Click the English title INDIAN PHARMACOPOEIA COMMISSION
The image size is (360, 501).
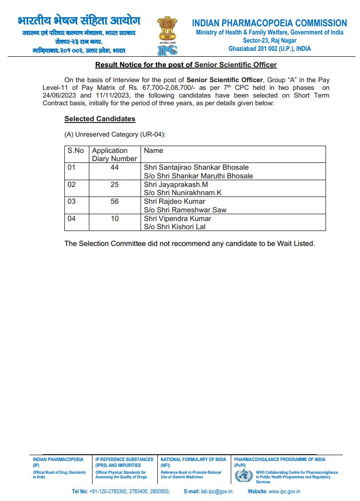tap(269, 23)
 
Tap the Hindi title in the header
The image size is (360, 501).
tap(79, 21)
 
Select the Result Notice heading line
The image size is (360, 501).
tap(186, 65)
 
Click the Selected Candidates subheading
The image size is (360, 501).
tap(100, 119)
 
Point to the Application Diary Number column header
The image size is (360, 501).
tap(114, 154)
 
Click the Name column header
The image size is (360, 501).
tap(153, 151)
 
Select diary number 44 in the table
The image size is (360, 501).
tap(114, 167)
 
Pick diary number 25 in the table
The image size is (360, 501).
tap(114, 185)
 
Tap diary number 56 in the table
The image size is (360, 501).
tap(114, 201)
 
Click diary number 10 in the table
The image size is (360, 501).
tap(115, 219)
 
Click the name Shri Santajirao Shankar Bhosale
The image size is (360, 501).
tap(196, 167)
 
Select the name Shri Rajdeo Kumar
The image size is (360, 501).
tap(175, 201)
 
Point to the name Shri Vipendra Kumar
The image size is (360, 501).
tap(178, 219)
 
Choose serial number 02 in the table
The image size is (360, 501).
tap(72, 185)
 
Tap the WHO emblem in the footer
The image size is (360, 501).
tap(243, 476)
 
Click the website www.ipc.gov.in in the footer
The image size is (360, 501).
tap(284, 491)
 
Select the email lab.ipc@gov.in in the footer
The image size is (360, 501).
tap(217, 491)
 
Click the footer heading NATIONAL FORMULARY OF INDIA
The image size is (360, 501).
tap(193, 459)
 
